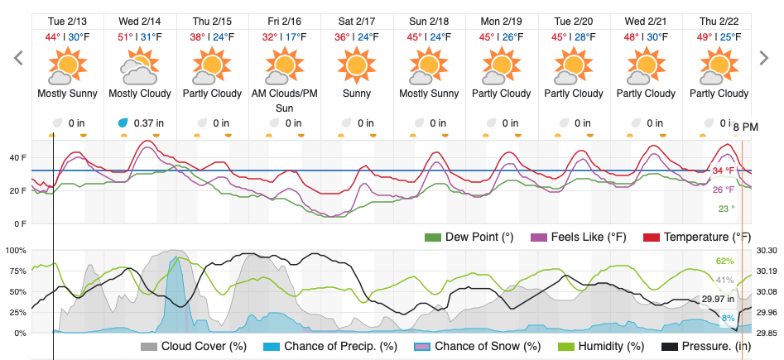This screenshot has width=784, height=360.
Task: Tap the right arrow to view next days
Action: click(x=764, y=57)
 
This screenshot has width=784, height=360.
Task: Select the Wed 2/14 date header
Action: click(x=139, y=20)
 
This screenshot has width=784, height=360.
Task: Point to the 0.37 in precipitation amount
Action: click(x=146, y=123)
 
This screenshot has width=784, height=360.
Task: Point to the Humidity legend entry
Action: click(x=599, y=346)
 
